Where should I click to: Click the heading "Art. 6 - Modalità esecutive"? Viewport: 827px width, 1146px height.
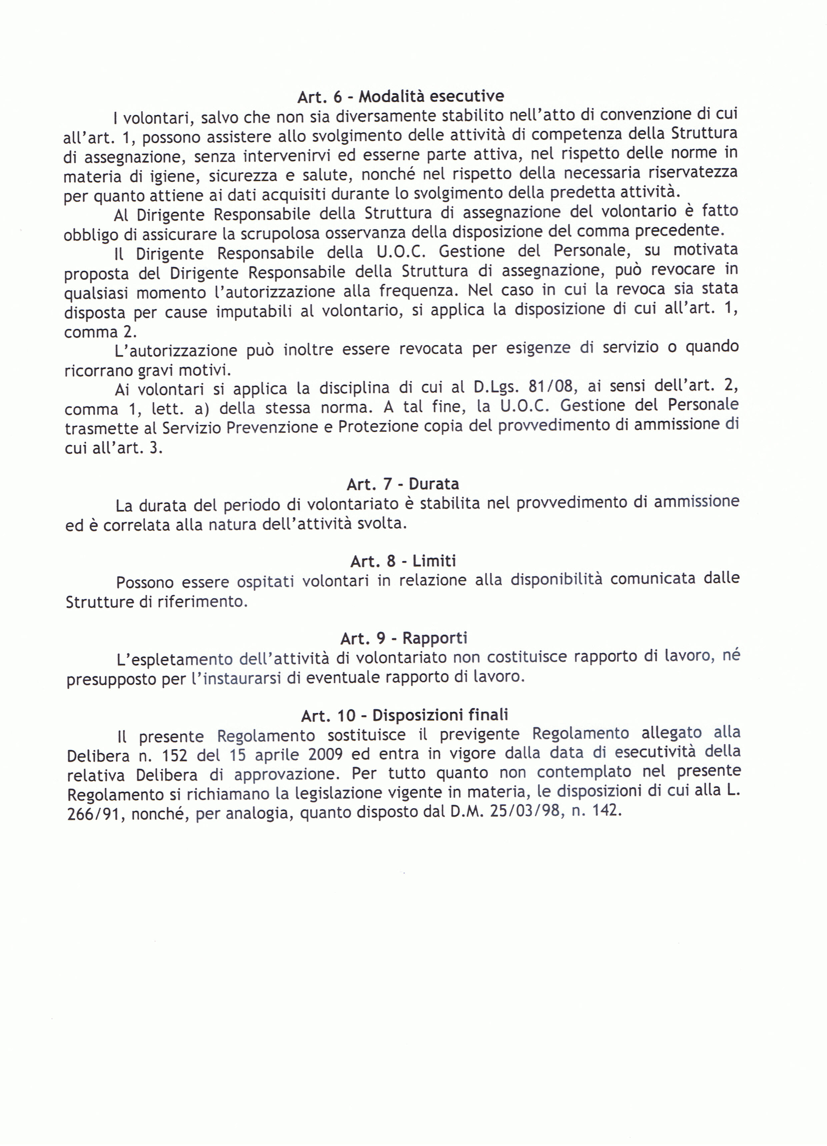[400, 96]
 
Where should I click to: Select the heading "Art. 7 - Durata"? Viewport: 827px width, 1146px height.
[402, 484]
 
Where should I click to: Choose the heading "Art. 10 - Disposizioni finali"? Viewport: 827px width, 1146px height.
[404, 715]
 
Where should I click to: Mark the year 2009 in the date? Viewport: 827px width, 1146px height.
[325, 755]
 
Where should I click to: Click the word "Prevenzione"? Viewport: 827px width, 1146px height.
[270, 427]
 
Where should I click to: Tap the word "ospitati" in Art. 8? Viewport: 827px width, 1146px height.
[265, 582]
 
